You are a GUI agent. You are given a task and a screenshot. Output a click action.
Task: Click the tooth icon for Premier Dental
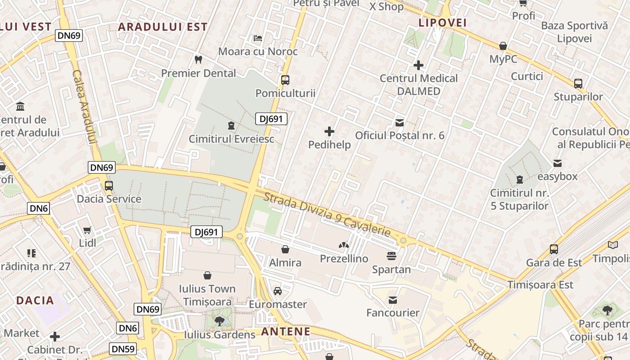[x=198, y=59]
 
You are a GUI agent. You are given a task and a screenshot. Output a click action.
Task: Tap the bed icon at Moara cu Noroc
[x=257, y=38]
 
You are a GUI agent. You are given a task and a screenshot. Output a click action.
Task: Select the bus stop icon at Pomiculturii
[x=285, y=80]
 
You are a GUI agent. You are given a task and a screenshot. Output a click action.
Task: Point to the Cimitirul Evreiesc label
[x=231, y=139]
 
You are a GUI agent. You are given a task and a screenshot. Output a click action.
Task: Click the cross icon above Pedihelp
[x=329, y=131]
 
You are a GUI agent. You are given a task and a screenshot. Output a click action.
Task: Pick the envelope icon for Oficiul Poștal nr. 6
[x=400, y=122]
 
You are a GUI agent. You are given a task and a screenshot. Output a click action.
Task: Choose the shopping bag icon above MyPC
[x=503, y=46]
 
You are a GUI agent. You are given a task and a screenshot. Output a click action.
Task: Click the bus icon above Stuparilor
[x=578, y=83]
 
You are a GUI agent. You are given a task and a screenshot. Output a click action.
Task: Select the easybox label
[x=558, y=176]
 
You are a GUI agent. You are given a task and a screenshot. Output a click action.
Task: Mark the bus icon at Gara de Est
[x=554, y=249]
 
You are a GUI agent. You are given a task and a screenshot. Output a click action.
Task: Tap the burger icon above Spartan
[x=391, y=256]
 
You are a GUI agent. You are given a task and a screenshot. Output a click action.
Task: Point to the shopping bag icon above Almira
[x=285, y=249]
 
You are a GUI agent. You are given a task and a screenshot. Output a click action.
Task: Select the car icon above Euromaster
[x=278, y=291]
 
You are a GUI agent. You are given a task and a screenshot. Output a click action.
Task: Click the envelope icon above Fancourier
[x=393, y=300]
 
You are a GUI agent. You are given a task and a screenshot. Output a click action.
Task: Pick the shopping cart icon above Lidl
[x=87, y=230]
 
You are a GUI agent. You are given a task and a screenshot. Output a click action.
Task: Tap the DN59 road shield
[x=122, y=349]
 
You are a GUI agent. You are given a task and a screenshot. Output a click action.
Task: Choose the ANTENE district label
[x=286, y=332]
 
